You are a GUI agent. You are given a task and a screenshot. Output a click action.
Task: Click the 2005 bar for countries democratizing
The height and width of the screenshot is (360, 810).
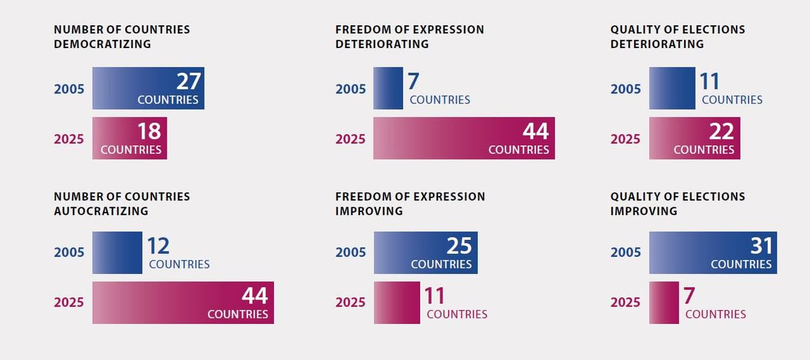click(x=148, y=88)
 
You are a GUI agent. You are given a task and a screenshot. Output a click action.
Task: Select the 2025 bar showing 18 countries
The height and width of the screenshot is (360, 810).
click(x=129, y=138)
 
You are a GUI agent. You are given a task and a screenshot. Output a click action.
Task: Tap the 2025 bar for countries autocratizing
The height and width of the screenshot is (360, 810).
click(x=183, y=302)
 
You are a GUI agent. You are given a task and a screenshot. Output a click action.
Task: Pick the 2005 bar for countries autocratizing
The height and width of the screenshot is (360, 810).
click(x=117, y=252)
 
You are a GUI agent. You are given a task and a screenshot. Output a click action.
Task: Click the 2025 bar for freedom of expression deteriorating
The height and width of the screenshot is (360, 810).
click(x=463, y=138)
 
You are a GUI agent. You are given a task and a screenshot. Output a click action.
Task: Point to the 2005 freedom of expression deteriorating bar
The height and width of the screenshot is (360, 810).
click(x=388, y=88)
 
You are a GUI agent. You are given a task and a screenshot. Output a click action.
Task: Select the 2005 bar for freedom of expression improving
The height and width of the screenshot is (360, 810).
click(x=425, y=252)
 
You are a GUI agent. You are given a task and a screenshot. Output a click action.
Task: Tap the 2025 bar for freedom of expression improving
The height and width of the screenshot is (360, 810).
click(x=397, y=302)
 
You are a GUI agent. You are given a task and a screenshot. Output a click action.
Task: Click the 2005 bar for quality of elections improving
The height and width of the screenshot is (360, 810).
click(x=713, y=252)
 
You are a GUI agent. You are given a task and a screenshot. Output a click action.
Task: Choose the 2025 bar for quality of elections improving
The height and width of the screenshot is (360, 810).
click(x=664, y=302)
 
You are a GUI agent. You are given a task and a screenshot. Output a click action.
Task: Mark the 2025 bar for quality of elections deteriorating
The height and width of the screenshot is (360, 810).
click(x=694, y=138)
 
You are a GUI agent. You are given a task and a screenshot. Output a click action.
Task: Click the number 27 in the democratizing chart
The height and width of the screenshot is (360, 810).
click(x=189, y=81)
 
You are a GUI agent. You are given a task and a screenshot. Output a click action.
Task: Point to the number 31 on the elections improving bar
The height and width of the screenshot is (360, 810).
click(x=761, y=246)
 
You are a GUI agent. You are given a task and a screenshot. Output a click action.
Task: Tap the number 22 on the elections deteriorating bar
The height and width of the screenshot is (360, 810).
click(x=721, y=131)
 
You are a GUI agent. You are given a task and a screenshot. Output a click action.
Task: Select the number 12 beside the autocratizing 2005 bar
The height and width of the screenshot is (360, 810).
click(x=158, y=246)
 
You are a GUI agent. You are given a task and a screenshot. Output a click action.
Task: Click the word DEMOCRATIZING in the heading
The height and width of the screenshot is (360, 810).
click(x=102, y=44)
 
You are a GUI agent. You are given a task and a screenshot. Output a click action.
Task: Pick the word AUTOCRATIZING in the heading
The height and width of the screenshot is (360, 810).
click(x=101, y=211)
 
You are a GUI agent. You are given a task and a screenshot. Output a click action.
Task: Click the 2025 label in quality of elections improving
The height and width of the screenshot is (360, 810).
click(x=625, y=302)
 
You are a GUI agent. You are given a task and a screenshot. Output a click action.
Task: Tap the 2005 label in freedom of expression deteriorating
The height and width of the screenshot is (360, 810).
click(x=351, y=89)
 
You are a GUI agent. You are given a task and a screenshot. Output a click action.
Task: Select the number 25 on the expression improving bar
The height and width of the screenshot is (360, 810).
click(x=459, y=246)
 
